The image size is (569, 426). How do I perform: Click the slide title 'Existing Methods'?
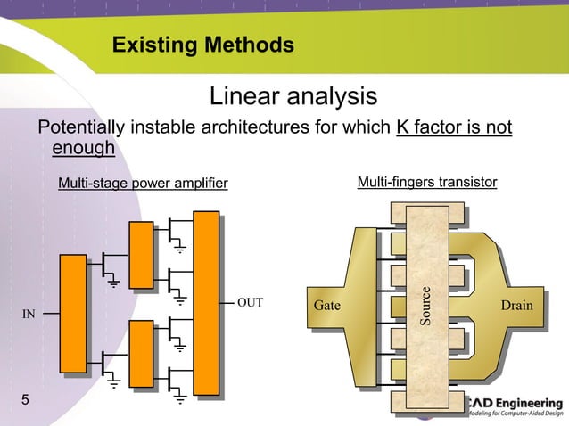point(203,45)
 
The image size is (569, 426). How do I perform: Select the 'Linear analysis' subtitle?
point(293,95)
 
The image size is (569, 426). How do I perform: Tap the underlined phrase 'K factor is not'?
point(453,127)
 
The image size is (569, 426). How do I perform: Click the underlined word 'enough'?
point(84,148)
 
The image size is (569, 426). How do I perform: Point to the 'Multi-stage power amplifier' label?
point(143,184)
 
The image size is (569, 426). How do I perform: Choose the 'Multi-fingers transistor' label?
point(427,183)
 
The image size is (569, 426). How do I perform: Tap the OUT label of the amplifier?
point(251,302)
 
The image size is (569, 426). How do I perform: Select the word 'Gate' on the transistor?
point(328,306)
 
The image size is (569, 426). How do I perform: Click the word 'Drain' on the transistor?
point(516,306)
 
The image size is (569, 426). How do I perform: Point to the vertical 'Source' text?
point(427,306)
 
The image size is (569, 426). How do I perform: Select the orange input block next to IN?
point(73,314)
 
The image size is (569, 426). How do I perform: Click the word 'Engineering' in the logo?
point(529,400)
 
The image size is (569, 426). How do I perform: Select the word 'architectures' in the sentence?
point(252,127)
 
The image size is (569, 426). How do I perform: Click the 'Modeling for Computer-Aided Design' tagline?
point(515,414)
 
